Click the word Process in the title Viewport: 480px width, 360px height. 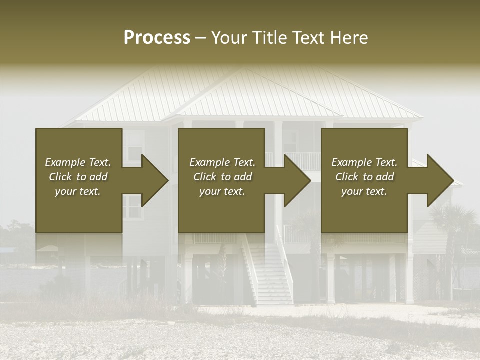point(157,38)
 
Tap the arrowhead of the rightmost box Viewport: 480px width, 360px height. point(439,180)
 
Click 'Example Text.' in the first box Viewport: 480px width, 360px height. point(78,162)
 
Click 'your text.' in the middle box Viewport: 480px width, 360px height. point(222,191)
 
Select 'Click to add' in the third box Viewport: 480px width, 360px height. point(364,177)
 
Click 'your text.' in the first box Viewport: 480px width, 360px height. point(78,191)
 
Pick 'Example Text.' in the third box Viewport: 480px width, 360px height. point(364,162)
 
